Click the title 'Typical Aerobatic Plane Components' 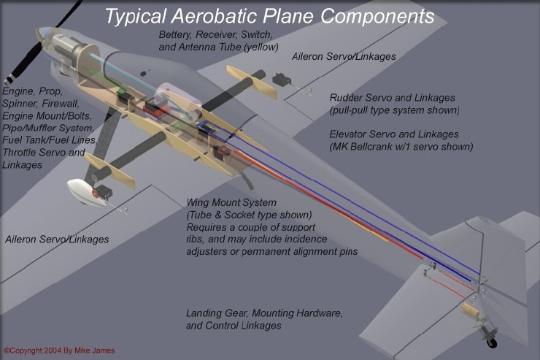(269, 16)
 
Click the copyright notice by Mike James (49, 351)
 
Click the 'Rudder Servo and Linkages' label (392, 98)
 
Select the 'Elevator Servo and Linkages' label (394, 134)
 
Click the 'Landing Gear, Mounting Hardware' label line (264, 313)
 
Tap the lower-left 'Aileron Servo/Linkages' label (57, 240)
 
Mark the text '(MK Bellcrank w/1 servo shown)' (402, 147)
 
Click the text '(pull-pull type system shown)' (394, 110)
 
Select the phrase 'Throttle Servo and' (44, 153)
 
